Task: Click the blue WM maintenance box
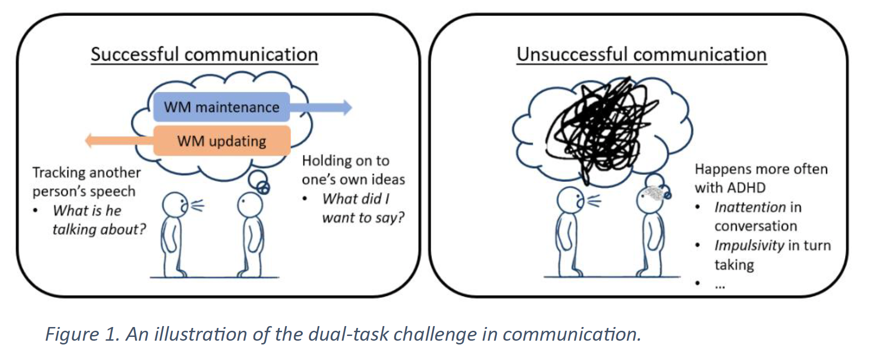[221, 107]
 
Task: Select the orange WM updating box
[221, 141]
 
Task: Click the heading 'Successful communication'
[204, 55]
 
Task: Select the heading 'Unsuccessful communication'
[641, 55]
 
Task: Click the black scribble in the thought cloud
[601, 127]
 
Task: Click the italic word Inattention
[750, 207]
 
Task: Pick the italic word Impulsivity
[749, 245]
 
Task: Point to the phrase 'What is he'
[87, 211]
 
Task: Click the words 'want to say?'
[363, 218]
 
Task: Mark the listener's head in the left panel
[250, 205]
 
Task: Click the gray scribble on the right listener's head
[654, 193]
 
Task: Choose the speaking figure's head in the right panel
[570, 200]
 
